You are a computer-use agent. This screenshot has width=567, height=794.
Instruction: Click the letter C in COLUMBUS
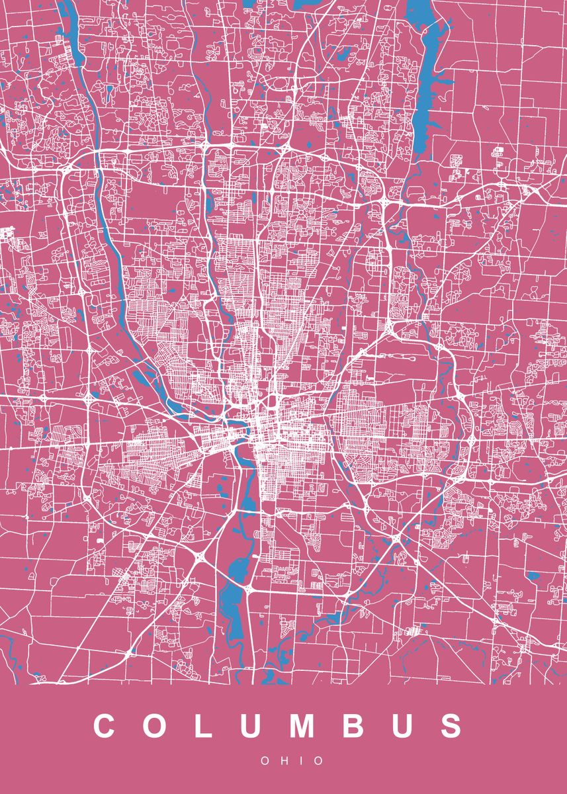pyautogui.click(x=106, y=726)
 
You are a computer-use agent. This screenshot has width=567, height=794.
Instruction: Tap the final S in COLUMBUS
pyautogui.click(x=452, y=726)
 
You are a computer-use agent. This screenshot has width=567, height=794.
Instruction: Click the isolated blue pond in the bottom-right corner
pyautogui.click(x=533, y=576)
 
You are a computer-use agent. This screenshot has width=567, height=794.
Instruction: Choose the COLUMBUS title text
pyautogui.click(x=279, y=726)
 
